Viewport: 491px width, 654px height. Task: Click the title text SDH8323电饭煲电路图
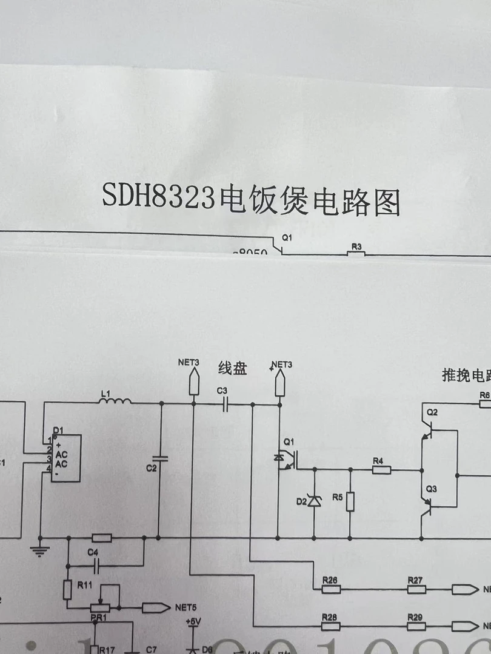[x=251, y=201]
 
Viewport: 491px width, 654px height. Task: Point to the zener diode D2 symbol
[x=313, y=500]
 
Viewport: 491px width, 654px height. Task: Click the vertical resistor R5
[x=350, y=502]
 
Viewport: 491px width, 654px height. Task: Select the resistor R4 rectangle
[x=381, y=469]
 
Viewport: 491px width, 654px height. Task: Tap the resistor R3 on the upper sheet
[x=356, y=253]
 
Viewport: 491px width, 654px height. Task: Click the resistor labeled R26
[x=330, y=589]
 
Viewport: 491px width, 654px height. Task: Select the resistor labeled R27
[x=415, y=589]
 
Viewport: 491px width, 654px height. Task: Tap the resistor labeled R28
[x=330, y=626]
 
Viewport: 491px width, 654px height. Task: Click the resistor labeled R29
[x=415, y=626]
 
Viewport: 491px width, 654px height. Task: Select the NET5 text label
[x=186, y=607]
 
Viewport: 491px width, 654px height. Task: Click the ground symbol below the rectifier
[x=40, y=550]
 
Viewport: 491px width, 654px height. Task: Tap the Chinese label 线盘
[x=233, y=369]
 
